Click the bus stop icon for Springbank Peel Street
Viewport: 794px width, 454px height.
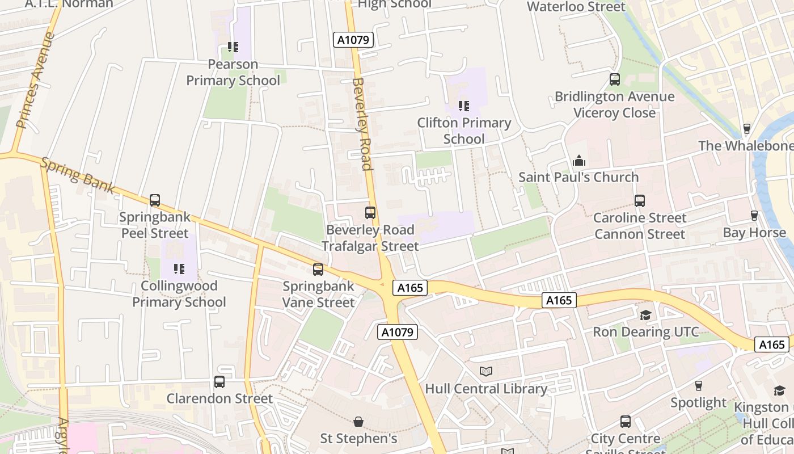click(x=154, y=200)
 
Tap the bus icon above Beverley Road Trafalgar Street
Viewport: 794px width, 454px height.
click(x=370, y=213)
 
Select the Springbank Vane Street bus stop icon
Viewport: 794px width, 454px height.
click(x=318, y=270)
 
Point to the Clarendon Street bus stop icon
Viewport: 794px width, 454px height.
click(x=219, y=382)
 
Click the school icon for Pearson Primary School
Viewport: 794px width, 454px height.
click(x=233, y=47)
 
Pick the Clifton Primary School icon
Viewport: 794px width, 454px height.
click(x=464, y=106)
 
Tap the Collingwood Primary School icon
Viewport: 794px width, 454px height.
click(x=179, y=269)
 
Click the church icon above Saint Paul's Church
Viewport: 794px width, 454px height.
click(x=578, y=161)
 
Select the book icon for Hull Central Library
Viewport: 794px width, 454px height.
click(x=486, y=372)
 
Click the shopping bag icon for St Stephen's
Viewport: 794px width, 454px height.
click(x=358, y=422)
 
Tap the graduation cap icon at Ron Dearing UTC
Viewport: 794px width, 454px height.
click(x=645, y=315)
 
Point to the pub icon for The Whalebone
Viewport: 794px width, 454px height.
click(x=746, y=129)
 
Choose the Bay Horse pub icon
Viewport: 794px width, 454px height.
click(x=754, y=216)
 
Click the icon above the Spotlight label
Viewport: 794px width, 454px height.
click(x=698, y=386)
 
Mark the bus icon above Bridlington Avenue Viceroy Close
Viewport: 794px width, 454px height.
click(x=615, y=79)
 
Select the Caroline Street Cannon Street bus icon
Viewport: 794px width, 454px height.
click(x=639, y=201)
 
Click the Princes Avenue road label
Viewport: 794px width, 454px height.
click(x=35, y=80)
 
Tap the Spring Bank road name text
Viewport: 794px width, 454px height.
click(x=77, y=175)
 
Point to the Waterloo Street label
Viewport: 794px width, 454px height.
click(x=576, y=7)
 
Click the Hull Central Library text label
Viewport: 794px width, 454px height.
click(x=486, y=389)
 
